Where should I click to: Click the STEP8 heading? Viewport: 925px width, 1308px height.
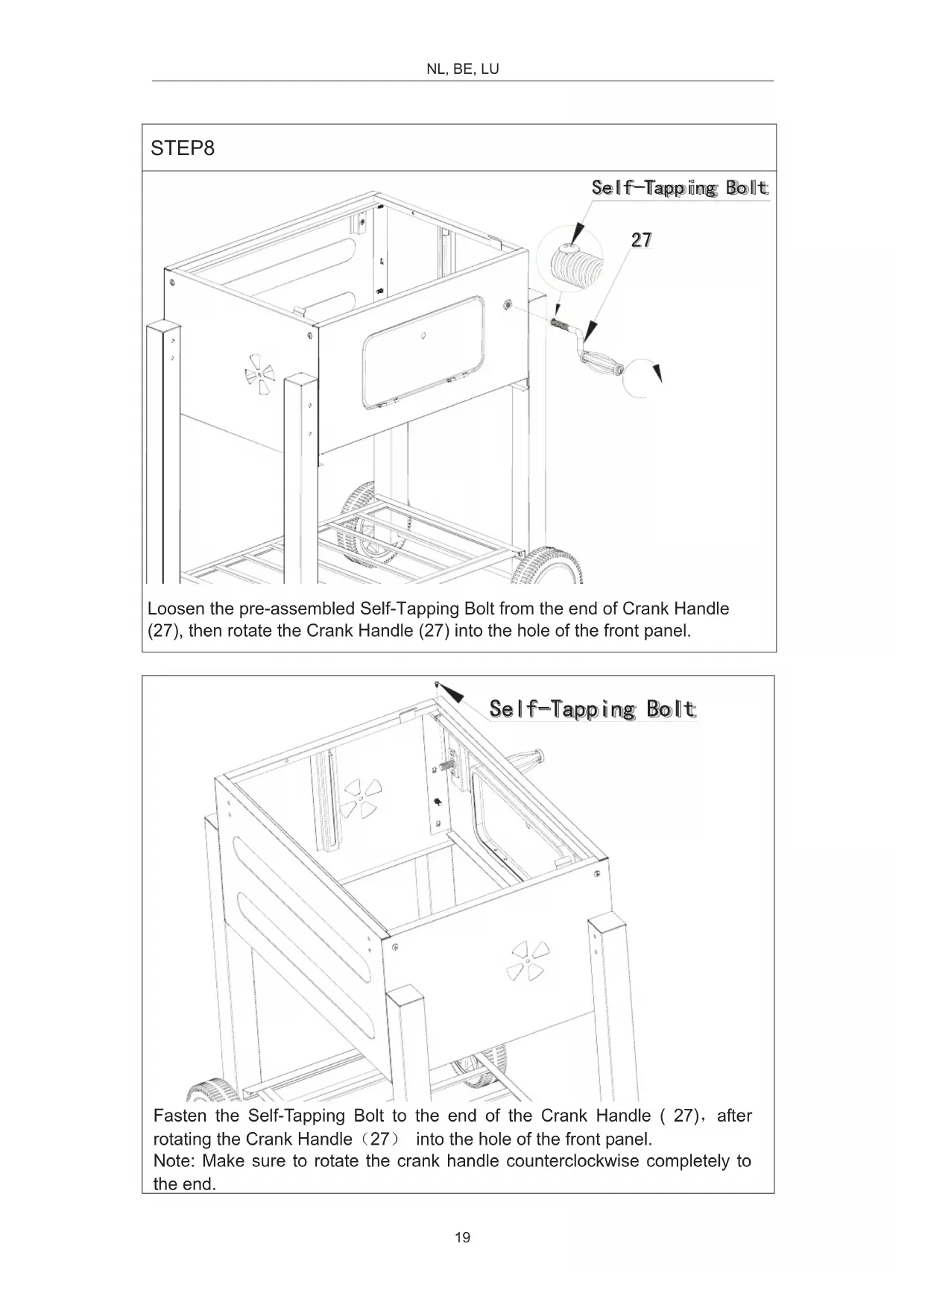[183, 148]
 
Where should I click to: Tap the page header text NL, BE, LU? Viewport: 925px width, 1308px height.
[462, 69]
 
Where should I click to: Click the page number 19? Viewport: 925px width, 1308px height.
[462, 1238]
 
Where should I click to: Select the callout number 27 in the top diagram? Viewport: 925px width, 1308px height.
[641, 240]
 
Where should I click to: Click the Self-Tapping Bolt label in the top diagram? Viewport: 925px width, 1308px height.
[679, 188]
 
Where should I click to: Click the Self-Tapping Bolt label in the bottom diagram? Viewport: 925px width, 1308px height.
[592, 709]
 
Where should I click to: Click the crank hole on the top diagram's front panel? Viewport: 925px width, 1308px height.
[508, 304]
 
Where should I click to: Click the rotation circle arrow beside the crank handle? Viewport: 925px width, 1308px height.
[642, 377]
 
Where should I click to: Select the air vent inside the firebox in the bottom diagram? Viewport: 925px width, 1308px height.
[361, 799]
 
